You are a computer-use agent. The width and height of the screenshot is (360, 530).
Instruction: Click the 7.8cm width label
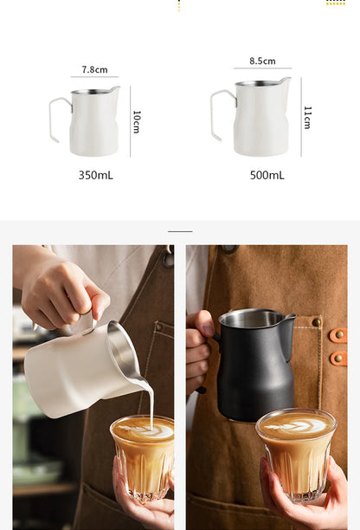[94, 69]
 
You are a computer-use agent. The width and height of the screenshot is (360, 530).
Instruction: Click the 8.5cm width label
[262, 61]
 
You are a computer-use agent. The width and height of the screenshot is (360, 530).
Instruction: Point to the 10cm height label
[137, 121]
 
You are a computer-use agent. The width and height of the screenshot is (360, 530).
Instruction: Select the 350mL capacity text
[95, 175]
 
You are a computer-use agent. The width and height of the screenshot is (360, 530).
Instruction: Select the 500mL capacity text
[267, 175]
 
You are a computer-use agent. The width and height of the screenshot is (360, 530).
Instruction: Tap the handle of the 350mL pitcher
[58, 120]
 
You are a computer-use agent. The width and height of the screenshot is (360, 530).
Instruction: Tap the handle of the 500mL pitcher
[221, 116]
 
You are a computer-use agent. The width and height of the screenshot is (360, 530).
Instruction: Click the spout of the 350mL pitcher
[116, 88]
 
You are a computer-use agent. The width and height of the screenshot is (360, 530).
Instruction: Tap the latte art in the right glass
[295, 425]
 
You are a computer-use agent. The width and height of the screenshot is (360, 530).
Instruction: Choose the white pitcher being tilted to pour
[78, 368]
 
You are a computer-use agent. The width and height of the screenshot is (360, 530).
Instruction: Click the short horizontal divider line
[180, 231]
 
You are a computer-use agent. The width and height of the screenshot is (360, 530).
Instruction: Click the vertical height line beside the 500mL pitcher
[301, 117]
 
